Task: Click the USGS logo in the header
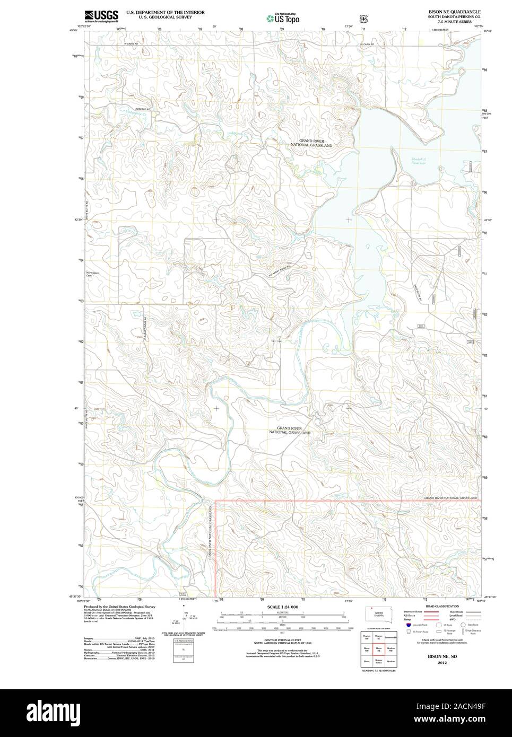tap(101, 16)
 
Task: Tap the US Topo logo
tap(283, 18)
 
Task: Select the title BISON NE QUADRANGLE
tap(455, 11)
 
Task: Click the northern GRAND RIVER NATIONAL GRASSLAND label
tap(311, 143)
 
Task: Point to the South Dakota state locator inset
tap(379, 611)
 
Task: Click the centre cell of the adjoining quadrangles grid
tap(379, 648)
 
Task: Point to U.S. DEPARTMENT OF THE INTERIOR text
tap(165, 12)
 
